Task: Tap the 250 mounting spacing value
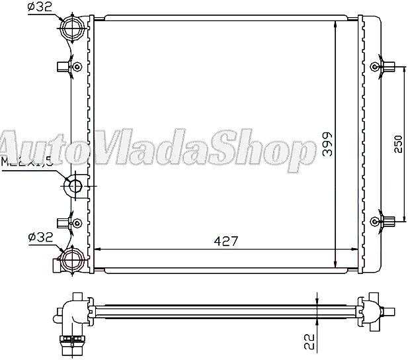[398, 146]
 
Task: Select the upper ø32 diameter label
[40, 8]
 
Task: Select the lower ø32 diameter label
[40, 236]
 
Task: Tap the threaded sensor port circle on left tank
[73, 186]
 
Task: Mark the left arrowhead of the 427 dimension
[100, 249]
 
